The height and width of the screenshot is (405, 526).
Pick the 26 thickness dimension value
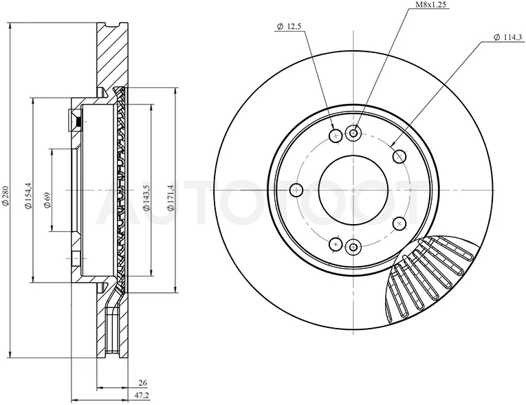(143, 383)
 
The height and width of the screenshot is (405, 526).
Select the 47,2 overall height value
(142, 395)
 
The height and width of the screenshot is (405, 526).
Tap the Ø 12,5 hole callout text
(288, 27)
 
